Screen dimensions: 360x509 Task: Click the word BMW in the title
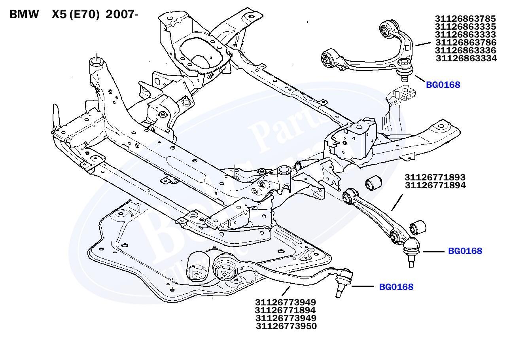24,15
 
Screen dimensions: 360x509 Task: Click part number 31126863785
465,19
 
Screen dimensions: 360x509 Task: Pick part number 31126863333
465,34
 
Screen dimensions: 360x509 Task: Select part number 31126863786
465,42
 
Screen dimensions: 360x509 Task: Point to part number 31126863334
466,59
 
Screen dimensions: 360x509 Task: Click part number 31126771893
435,177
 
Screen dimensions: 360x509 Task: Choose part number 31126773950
286,326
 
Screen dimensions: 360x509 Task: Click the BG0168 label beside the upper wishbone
443,85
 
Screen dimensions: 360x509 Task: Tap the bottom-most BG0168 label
396,287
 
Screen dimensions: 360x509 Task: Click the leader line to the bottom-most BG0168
363,286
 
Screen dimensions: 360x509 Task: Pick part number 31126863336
465,51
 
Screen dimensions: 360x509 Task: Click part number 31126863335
465,27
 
